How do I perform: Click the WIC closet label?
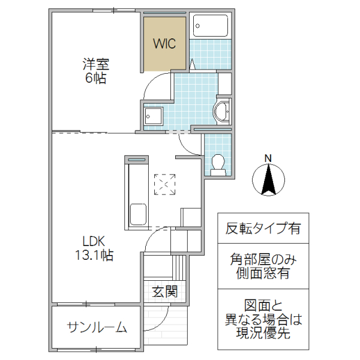point(163,44)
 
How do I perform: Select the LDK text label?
point(95,241)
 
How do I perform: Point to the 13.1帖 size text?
point(95,255)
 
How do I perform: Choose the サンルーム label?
point(96,328)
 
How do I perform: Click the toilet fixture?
point(218,164)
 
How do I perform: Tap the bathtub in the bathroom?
point(210,26)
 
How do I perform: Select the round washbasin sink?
point(223,110)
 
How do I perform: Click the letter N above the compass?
point(268,158)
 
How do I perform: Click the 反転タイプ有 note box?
point(263,229)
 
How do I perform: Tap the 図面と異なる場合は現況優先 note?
point(263,319)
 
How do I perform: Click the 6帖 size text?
point(95,78)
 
